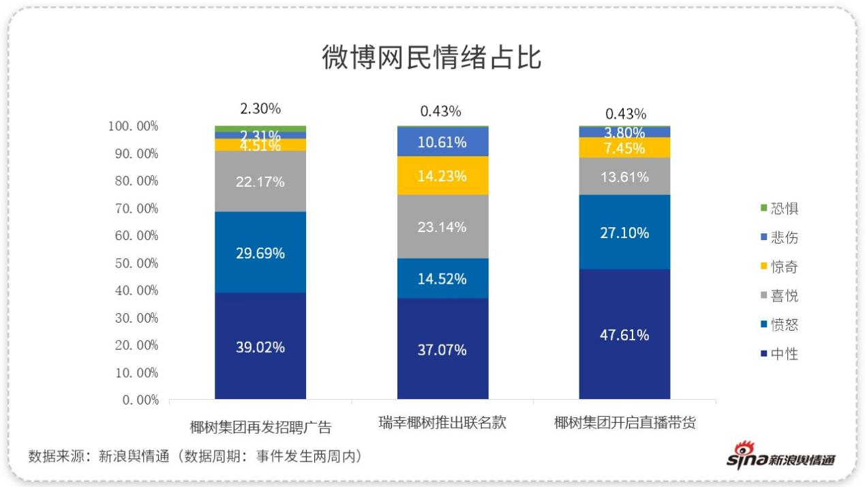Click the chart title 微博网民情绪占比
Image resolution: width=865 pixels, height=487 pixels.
pos(431,57)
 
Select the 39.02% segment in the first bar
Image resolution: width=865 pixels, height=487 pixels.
pos(260,346)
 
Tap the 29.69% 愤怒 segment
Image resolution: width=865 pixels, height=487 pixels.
pos(260,252)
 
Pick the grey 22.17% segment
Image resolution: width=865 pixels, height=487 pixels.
pos(260,181)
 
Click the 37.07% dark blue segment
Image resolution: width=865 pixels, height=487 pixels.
pos(442,349)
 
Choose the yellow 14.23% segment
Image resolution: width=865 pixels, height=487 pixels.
pos(442,175)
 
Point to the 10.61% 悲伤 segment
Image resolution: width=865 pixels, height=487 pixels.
pos(442,142)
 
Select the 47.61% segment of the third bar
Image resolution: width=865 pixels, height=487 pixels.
pos(624,334)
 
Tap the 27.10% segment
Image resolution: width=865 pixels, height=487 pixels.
pos(624,233)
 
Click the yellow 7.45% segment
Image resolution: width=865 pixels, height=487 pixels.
pos(624,147)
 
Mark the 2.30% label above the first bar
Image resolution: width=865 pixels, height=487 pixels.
pos(260,108)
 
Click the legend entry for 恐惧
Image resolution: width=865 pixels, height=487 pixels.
pos(778,209)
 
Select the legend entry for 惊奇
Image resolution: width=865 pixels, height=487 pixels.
pos(778,267)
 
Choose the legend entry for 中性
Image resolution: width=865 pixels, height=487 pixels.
pos(778,354)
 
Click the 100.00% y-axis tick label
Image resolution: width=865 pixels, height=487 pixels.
pos(133,126)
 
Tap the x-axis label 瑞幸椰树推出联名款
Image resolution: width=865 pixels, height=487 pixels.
pos(442,423)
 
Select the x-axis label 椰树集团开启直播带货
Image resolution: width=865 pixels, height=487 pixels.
pos(624,423)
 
